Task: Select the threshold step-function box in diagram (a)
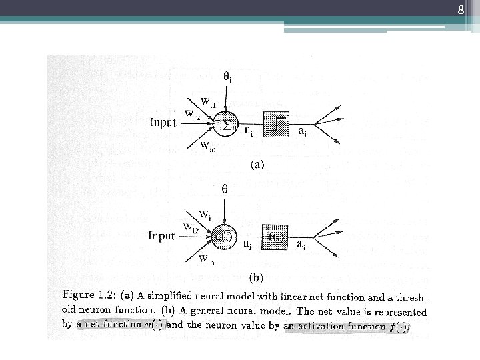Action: pos(276,124)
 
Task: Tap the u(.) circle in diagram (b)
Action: pos(223,236)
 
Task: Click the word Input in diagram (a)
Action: pos(163,123)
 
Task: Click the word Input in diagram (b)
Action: pos(161,235)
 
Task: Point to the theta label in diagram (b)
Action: pos(227,191)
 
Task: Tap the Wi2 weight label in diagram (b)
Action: pos(191,227)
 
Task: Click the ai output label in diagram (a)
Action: pos(302,131)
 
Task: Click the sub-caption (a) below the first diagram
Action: pos(257,164)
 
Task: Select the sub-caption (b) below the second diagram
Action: pos(257,276)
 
